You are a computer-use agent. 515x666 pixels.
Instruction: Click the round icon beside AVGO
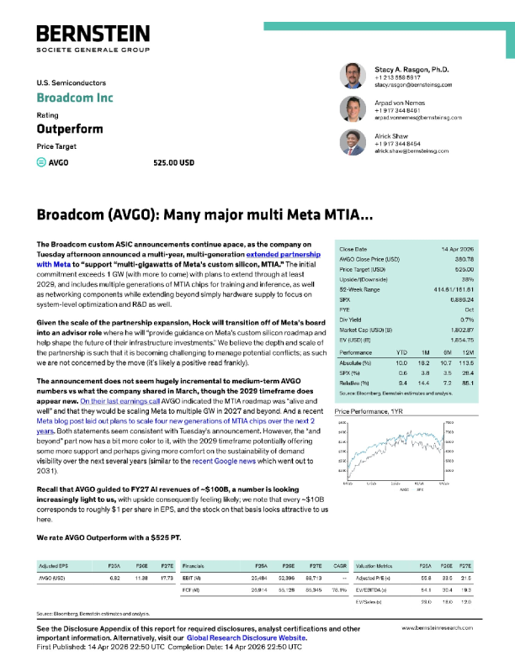(42, 162)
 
